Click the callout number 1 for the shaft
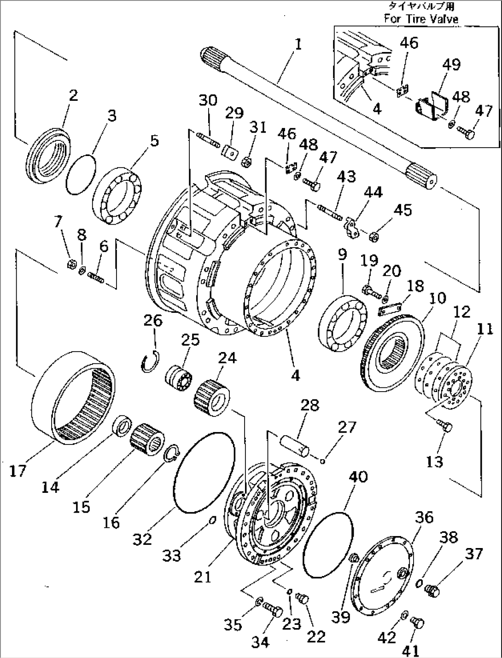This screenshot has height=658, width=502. (298, 45)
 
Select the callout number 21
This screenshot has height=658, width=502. (203, 576)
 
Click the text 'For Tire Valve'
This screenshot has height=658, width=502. (421, 19)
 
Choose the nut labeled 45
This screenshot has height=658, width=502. (375, 237)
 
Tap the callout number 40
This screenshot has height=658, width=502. (358, 477)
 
